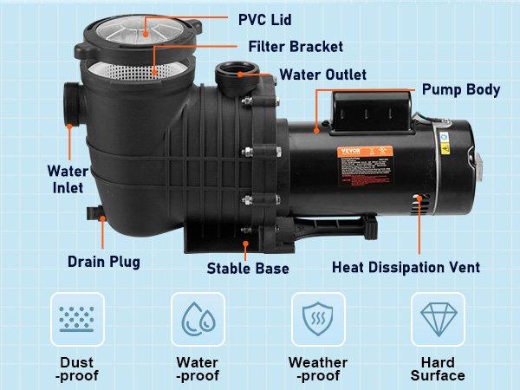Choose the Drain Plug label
[104, 261]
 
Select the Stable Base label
[248, 269]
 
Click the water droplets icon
[198, 319]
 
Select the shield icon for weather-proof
[318, 319]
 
